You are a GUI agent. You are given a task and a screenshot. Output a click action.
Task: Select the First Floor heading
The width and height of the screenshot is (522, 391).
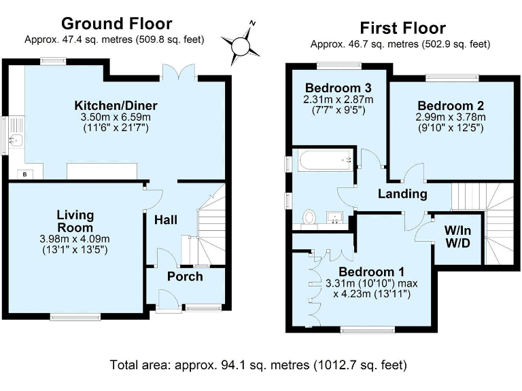402,28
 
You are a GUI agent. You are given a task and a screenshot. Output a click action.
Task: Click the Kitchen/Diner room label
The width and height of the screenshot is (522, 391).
116,105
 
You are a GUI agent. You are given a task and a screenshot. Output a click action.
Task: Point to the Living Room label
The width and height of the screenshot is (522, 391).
75,221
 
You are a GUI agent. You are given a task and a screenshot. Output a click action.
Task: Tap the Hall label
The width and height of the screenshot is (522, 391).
166,220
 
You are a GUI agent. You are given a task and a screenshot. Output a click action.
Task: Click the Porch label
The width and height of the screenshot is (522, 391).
185,276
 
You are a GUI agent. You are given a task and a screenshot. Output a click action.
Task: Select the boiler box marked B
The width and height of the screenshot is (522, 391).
26,174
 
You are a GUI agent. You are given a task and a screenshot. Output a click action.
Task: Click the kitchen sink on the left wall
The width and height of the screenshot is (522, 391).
16,141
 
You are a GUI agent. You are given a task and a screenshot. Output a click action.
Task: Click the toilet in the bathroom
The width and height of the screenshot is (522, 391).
309,217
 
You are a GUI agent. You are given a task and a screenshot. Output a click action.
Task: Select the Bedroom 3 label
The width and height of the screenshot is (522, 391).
338,88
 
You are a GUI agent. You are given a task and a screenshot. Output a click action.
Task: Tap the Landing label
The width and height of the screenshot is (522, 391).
403,194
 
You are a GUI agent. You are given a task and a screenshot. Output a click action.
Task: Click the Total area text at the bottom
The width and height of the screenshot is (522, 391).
258,365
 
